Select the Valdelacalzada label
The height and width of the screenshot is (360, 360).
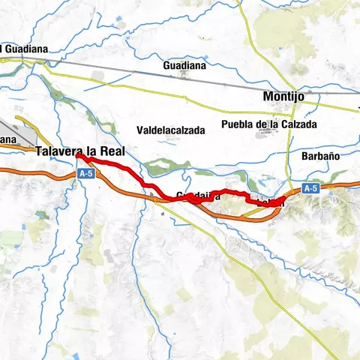171,130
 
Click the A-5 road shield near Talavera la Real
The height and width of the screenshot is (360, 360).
85,172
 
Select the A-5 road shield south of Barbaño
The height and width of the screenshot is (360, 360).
312,187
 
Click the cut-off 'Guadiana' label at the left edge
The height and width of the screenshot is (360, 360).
25,49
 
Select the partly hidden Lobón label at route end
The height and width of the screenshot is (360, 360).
270,202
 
